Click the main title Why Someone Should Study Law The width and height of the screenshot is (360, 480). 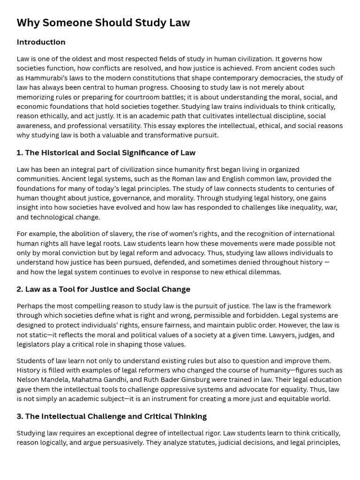click(103, 23)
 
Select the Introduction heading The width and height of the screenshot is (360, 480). click(41, 42)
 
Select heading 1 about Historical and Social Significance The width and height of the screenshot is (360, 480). click(106, 153)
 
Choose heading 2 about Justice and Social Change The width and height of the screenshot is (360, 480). click(103, 289)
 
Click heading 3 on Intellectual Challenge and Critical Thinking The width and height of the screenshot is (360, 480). click(112, 416)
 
